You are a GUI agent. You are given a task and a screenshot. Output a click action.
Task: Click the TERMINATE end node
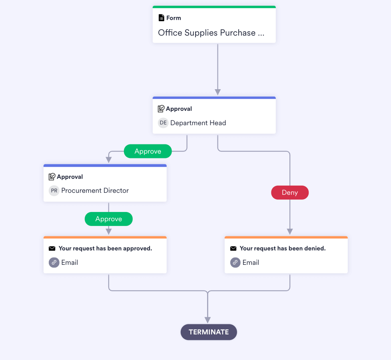pos(209,332)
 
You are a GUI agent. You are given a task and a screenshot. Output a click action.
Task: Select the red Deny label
pos(290,192)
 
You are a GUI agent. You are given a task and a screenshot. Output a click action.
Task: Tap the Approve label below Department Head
pos(148,151)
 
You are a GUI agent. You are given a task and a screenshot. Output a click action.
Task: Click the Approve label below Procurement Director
pos(108,219)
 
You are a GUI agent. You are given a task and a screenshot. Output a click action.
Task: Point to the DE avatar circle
pos(163,123)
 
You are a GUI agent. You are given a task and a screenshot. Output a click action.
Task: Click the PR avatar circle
pos(54,190)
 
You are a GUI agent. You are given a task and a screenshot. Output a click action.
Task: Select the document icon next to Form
pos(162,18)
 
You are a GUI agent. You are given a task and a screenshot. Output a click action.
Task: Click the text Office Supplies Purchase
pos(211,33)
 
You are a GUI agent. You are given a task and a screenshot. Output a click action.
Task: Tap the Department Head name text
pos(198,123)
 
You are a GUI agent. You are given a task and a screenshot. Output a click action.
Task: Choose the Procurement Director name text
pos(95,190)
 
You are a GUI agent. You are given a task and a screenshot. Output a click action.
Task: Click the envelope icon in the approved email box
pos(52,248)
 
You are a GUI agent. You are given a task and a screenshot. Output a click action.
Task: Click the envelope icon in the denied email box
pos(233,248)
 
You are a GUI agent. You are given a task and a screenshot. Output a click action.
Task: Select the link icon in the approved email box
pos(54,262)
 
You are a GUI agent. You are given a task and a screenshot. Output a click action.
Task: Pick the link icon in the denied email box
pos(235,262)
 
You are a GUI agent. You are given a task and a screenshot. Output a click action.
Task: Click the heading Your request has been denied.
pos(283,248)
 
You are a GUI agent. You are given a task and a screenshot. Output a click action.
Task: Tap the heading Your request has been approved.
pos(105,248)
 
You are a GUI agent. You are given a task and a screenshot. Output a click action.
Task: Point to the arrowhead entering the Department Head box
pos(217,92)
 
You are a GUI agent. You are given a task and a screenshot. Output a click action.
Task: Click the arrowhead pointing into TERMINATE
pos(207,320)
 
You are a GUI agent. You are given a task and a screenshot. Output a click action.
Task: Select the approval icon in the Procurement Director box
pos(52,177)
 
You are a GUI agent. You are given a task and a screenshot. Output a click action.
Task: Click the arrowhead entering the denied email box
pos(290,232)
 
